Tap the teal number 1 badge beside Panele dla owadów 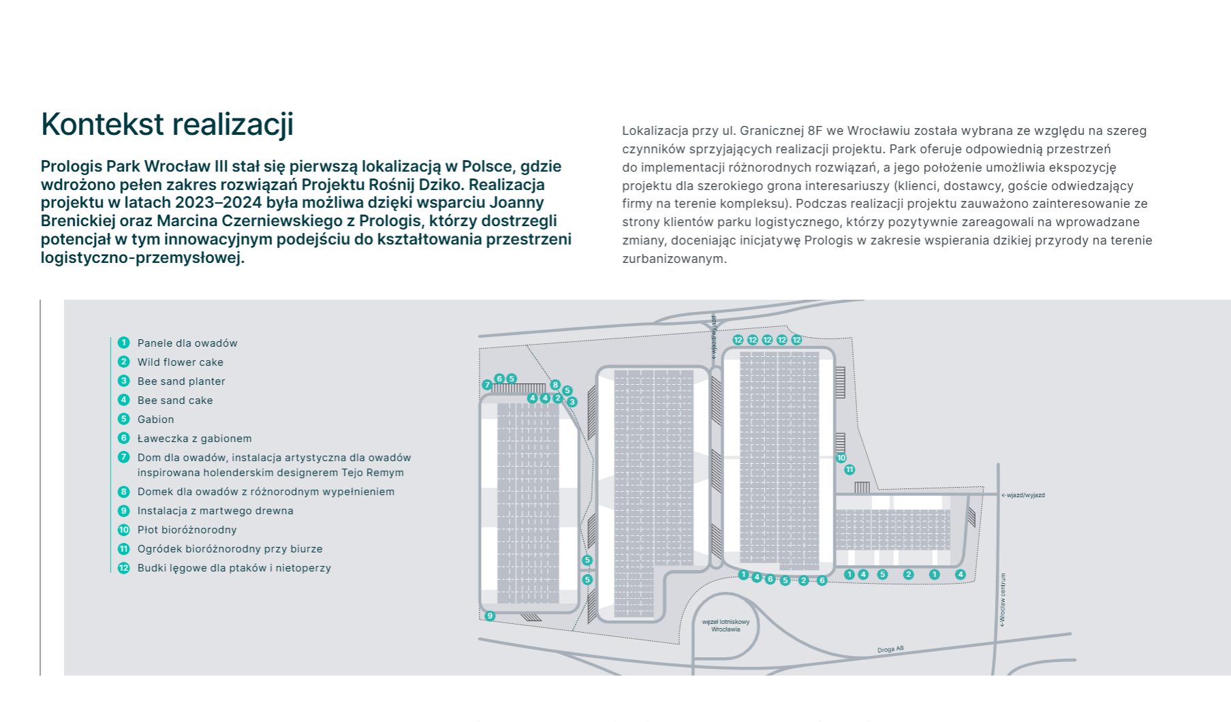(x=123, y=343)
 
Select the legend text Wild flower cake (x=180, y=362)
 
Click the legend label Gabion (x=155, y=420)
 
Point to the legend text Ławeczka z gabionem (x=194, y=439)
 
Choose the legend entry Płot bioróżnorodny (x=187, y=530)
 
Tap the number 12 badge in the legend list (x=123, y=568)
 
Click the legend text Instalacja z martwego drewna (x=215, y=511)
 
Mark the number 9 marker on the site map (x=490, y=616)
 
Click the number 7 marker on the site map (x=487, y=385)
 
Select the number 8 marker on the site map (x=555, y=385)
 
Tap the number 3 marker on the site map (x=572, y=402)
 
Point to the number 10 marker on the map (x=841, y=458)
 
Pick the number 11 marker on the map (x=849, y=469)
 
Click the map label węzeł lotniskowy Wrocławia (x=726, y=625)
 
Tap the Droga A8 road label (x=890, y=649)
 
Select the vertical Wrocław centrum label (x=1003, y=599)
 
